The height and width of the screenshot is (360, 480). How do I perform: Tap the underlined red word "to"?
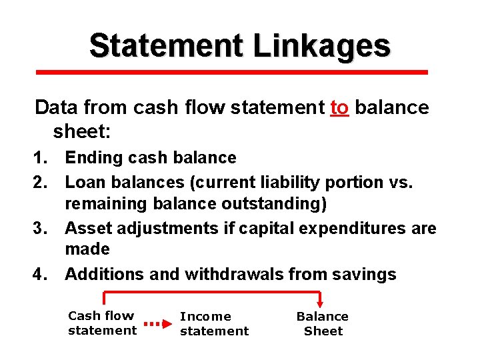click(339, 107)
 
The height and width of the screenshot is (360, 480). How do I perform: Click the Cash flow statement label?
click(102, 323)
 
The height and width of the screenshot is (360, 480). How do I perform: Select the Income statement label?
click(214, 323)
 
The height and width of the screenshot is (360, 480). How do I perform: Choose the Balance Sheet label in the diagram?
click(323, 323)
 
